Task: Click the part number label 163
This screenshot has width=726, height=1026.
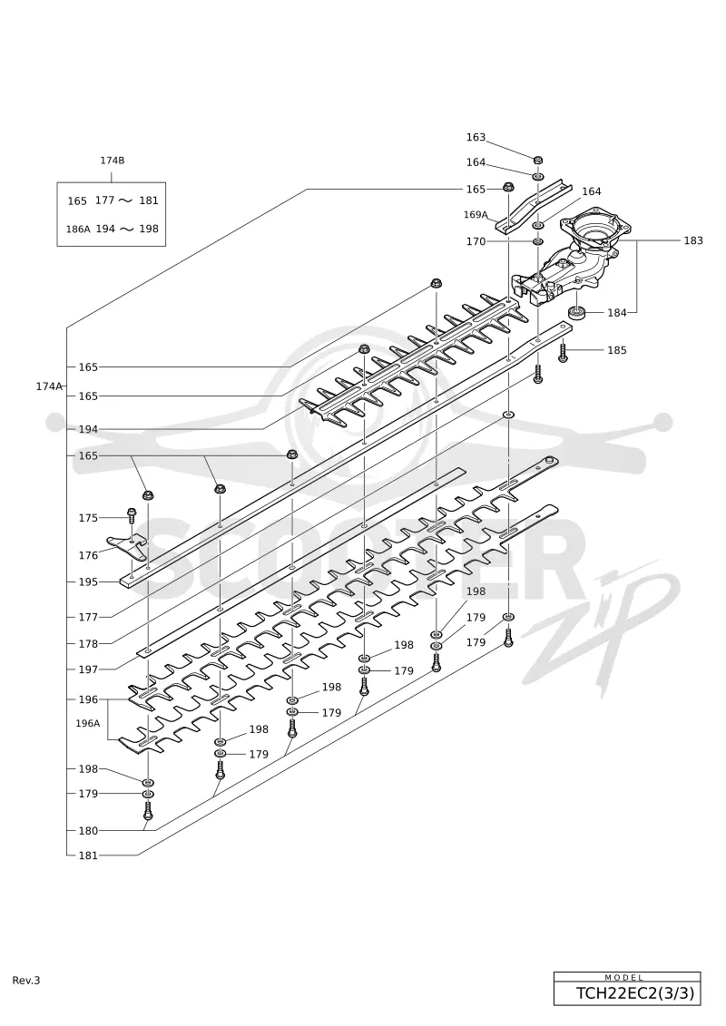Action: coord(476,137)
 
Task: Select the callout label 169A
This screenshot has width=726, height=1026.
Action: coord(476,215)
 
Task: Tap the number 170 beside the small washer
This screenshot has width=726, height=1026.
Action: coord(476,241)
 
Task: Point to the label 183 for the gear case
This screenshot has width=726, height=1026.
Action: coord(693,240)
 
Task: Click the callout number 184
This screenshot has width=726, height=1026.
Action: coord(617,313)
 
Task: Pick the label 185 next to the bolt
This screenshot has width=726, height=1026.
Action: coord(617,350)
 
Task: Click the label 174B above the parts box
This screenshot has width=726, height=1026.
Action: coord(112,161)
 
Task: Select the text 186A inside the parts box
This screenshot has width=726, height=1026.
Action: coord(78,229)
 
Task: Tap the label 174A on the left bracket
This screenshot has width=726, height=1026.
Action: coord(48,386)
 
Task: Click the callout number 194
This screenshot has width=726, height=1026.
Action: coord(88,429)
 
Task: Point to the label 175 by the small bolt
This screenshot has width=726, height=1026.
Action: coord(88,518)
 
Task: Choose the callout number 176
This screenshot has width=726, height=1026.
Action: coord(88,555)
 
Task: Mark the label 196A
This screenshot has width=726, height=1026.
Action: coord(88,723)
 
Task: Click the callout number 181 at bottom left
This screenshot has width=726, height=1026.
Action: coord(88,855)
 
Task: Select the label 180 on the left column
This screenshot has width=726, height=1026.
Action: coord(88,831)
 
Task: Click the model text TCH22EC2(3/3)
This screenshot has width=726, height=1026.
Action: coord(634,993)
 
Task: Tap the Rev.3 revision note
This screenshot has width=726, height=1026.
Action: coord(26,981)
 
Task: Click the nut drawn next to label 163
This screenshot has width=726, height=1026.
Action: coord(537,160)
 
